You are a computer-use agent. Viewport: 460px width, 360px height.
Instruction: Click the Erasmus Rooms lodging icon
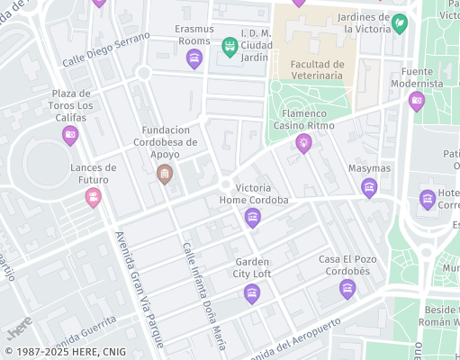pyautogui.click(x=194, y=59)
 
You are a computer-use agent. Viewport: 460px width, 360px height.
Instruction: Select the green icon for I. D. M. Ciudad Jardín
pyautogui.click(x=230, y=44)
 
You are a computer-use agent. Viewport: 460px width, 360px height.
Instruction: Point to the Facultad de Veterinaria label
pyautogui.click(x=311, y=70)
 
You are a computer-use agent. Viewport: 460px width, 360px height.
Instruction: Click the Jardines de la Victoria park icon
pyautogui.click(x=400, y=24)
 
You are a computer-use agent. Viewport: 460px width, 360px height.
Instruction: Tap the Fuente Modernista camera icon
pyautogui.click(x=417, y=100)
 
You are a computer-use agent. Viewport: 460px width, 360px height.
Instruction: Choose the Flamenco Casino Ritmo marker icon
pyautogui.click(x=304, y=142)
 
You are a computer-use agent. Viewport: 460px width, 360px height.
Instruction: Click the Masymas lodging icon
pyautogui.click(x=369, y=187)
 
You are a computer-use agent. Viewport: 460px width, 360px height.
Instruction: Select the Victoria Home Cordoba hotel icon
pyautogui.click(x=253, y=216)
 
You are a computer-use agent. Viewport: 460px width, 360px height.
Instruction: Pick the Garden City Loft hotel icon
pyautogui.click(x=252, y=292)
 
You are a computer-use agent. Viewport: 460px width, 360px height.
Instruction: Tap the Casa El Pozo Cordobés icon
pyautogui.click(x=347, y=288)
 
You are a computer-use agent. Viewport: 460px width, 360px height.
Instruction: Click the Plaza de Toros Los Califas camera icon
pyautogui.click(x=70, y=135)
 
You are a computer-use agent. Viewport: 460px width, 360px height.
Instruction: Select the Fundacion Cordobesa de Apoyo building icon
pyautogui.click(x=164, y=174)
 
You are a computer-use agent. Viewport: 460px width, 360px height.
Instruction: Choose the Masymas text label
pyautogui.click(x=369, y=168)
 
